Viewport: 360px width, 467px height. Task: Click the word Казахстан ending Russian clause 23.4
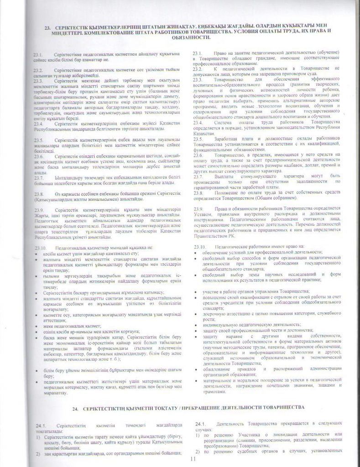coord(204,129)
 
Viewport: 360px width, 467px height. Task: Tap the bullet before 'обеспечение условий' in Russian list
coord(196,253)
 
